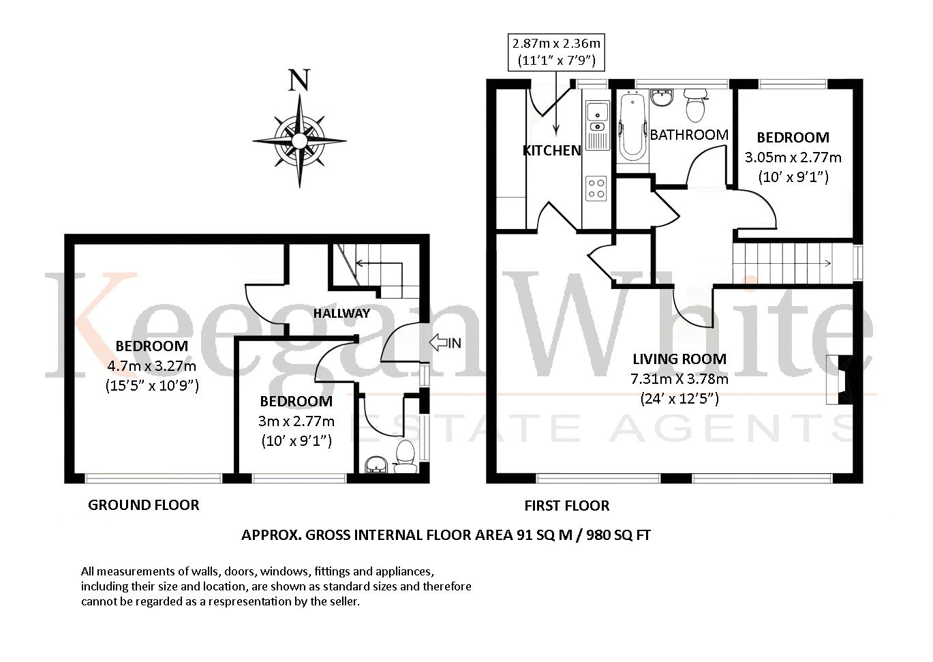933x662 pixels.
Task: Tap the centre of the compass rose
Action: pos(299,140)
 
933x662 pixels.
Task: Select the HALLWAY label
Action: pos(341,314)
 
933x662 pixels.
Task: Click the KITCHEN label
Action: pos(551,151)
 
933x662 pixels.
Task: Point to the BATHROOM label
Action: pos(689,134)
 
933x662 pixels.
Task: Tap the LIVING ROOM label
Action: pos(679,359)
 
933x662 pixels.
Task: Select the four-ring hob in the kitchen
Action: pos(596,188)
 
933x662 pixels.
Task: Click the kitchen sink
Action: pos(597,125)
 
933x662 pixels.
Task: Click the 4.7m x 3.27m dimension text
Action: pos(151,366)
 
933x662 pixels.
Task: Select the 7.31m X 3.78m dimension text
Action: pos(679,378)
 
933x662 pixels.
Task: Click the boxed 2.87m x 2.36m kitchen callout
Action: pos(556,52)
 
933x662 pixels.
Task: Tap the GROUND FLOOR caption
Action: pos(144,505)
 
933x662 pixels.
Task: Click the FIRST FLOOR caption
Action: pos(567,506)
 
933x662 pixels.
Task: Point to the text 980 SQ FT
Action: pos(618,535)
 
